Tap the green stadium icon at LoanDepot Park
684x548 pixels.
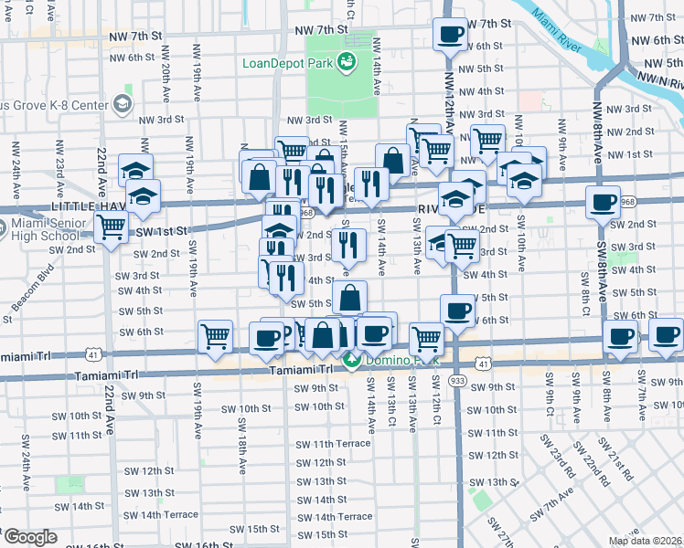click(x=347, y=62)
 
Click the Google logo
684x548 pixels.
click(x=29, y=537)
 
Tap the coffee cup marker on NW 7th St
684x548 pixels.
click(x=448, y=35)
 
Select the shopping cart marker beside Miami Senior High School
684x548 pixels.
click(x=112, y=230)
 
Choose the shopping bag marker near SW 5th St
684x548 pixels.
click(x=349, y=297)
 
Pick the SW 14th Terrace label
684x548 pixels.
click(x=329, y=517)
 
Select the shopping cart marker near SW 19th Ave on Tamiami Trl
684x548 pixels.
click(x=216, y=335)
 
